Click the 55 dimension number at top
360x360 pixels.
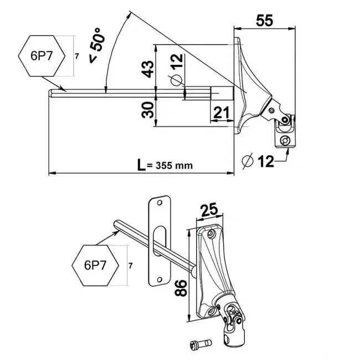coord(265,20)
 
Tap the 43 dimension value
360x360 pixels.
coord(148,69)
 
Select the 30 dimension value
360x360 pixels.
coord(147,110)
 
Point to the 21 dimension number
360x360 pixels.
coord(222,112)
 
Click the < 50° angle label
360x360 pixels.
coord(97,45)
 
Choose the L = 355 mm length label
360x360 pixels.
coord(165,165)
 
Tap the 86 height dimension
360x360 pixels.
coord(181,288)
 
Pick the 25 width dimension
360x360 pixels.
coord(209,209)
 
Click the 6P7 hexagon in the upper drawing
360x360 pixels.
coord(42,56)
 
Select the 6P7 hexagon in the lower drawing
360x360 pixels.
coord(95,265)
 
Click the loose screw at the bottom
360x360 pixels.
coord(201,344)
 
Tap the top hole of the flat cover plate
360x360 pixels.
coord(160,203)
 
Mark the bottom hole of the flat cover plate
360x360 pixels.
coord(160,280)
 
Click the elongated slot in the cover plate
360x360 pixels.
coord(160,241)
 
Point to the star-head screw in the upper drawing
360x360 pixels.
coord(285,140)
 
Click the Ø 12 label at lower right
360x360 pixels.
coord(258,161)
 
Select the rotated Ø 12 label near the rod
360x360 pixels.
coord(177,70)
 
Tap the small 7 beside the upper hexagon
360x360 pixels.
coord(76,56)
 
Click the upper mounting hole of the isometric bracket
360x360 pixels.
coord(210,234)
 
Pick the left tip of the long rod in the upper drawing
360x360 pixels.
coord(49,94)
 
